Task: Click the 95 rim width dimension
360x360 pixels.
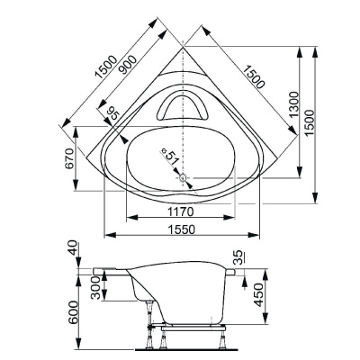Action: tap(112, 113)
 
